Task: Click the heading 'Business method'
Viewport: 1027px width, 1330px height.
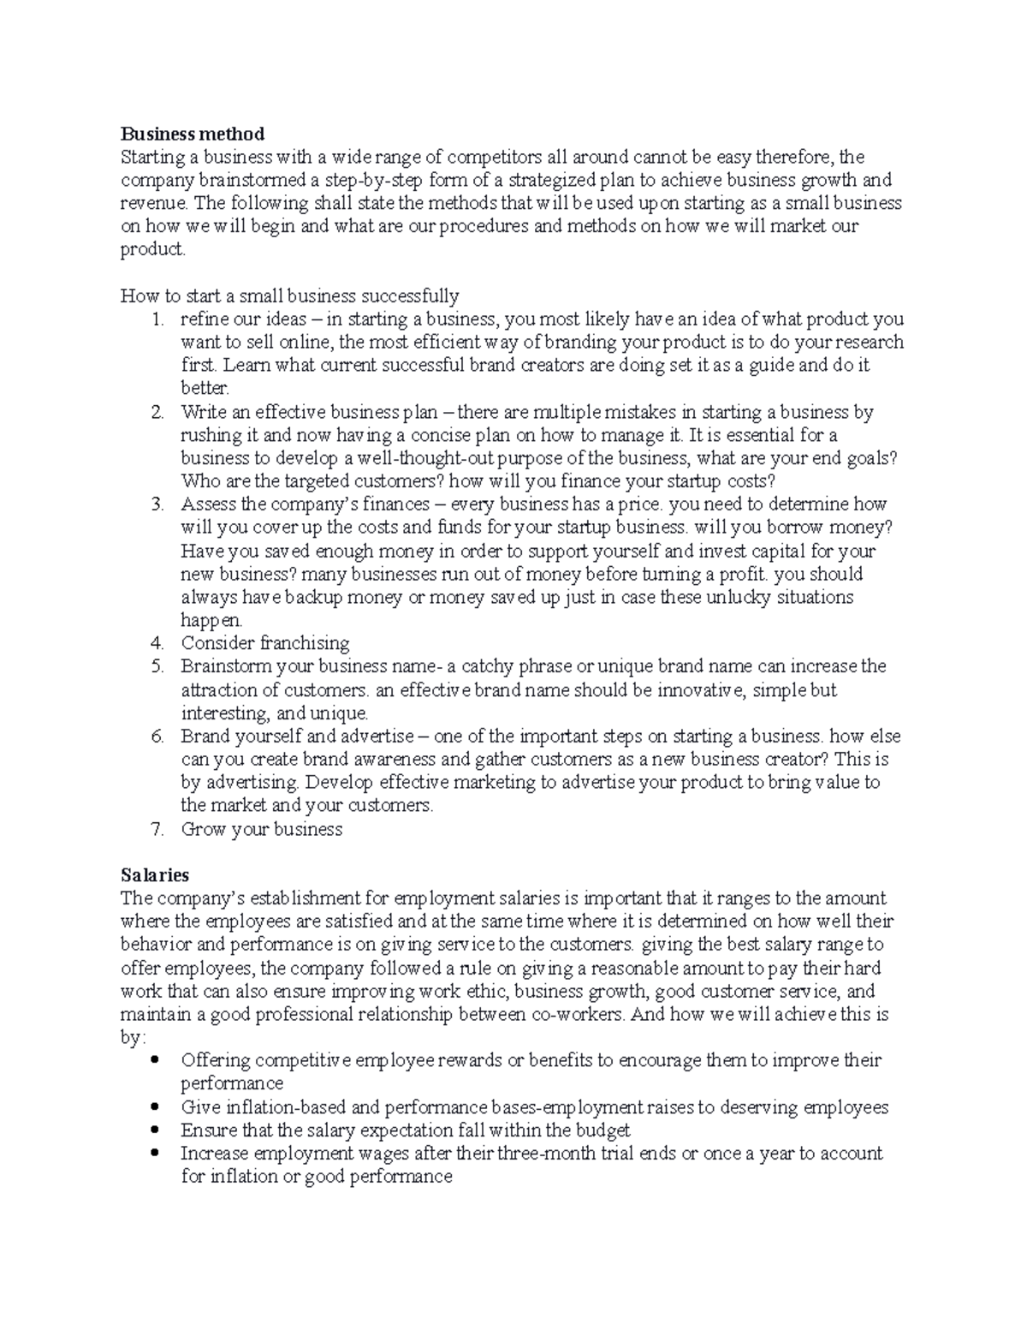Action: (192, 134)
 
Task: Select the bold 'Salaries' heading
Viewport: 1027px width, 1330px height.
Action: (155, 875)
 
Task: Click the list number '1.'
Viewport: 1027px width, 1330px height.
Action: (157, 319)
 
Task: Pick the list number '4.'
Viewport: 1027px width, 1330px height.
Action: (157, 643)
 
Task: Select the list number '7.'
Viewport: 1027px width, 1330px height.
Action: (157, 829)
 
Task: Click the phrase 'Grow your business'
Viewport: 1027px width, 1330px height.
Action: (261, 829)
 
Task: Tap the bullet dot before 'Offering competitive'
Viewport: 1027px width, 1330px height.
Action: (154, 1060)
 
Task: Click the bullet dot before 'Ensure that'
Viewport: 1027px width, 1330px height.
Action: (154, 1130)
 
